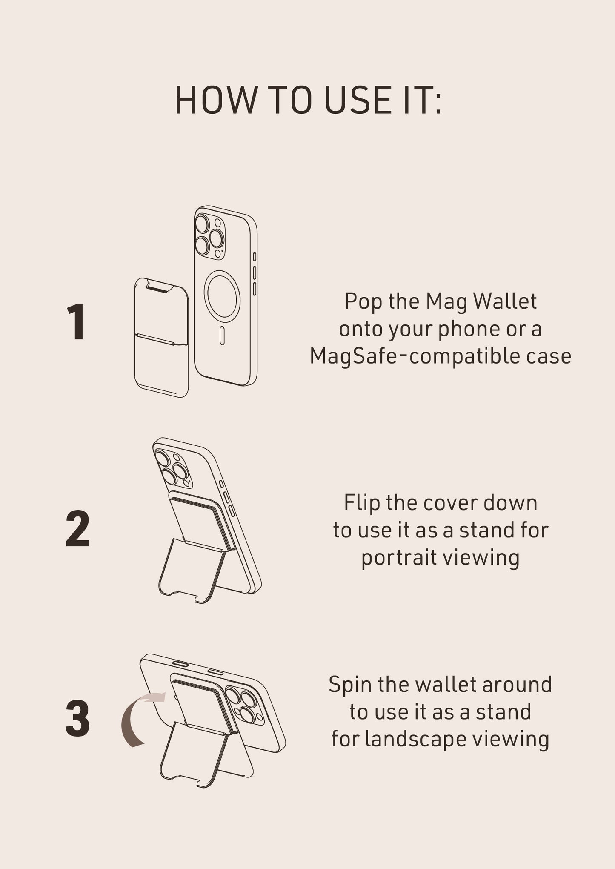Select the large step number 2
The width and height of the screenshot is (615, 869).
77,529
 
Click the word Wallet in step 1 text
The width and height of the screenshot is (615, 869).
505,301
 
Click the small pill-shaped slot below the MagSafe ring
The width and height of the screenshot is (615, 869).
222,336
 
